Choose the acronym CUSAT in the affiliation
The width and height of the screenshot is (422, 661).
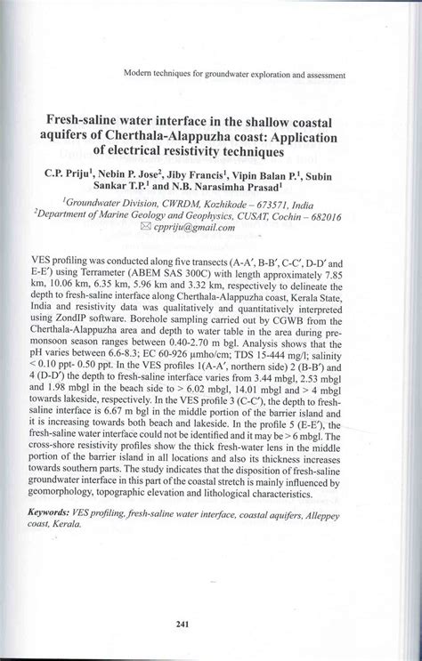pyautogui.click(x=270, y=216)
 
